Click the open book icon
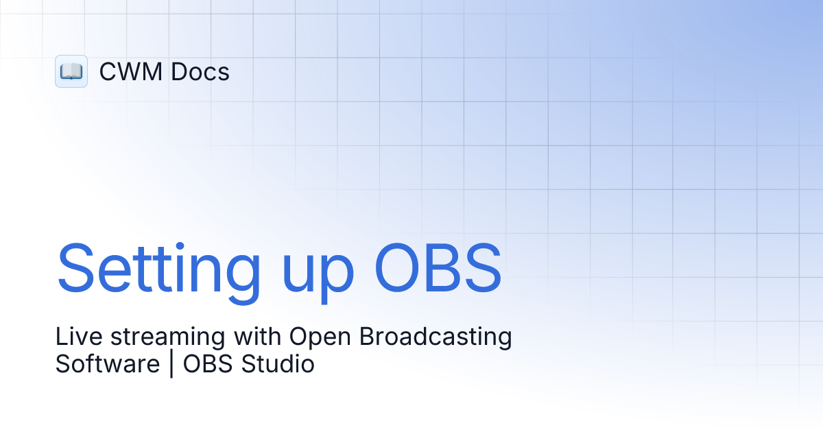[71, 71]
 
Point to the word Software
[107, 363]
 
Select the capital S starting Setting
[77, 266]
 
